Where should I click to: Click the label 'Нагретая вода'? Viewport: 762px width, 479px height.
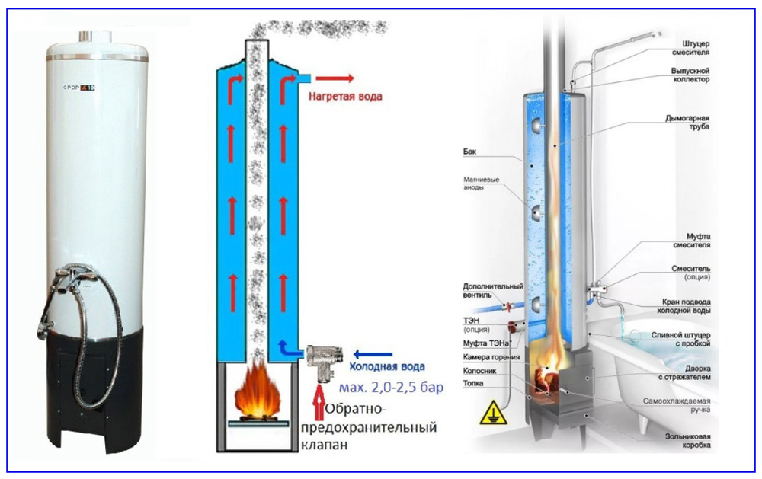[345, 97]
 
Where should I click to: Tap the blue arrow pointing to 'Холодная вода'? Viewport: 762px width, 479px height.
[372, 353]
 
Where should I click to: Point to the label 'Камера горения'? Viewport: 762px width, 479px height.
[491, 357]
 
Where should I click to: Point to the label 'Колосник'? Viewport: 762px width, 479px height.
[480, 372]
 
